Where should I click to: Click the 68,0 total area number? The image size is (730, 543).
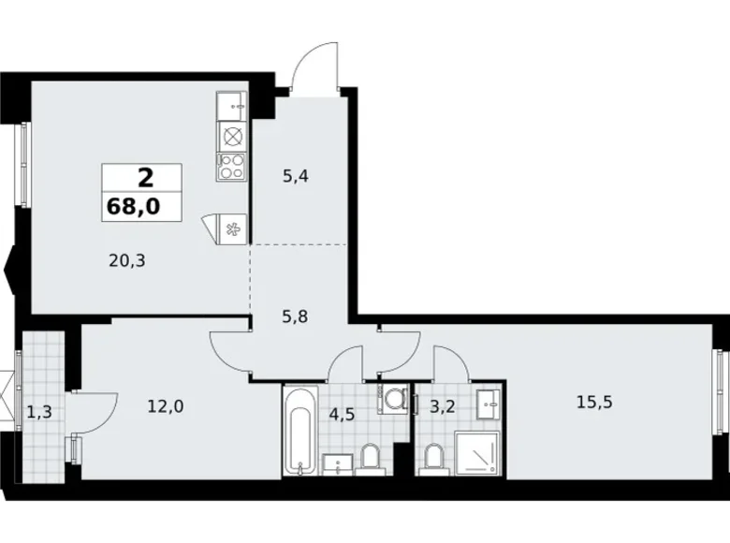point(134,206)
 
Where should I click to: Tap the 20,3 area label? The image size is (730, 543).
point(127,261)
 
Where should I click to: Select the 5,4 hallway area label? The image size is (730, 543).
point(296,177)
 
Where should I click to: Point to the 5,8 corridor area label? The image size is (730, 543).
point(295,317)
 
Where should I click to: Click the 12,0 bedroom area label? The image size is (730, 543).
point(166,406)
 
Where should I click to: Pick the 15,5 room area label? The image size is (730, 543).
point(594,402)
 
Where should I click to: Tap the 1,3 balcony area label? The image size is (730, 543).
point(39,412)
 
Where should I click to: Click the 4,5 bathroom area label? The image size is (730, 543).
point(342,414)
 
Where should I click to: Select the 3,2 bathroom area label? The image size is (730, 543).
point(442,406)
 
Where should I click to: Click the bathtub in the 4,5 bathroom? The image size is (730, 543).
point(300,431)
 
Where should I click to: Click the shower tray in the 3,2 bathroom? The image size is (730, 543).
point(476,453)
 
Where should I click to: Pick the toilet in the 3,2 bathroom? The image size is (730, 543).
point(433,460)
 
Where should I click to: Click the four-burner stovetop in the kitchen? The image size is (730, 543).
point(231,167)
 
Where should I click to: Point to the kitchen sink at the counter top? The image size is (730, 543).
point(231,106)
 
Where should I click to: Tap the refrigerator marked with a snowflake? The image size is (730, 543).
point(231,228)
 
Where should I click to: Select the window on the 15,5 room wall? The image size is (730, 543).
point(721,392)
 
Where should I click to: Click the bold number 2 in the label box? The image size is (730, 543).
point(145,178)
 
